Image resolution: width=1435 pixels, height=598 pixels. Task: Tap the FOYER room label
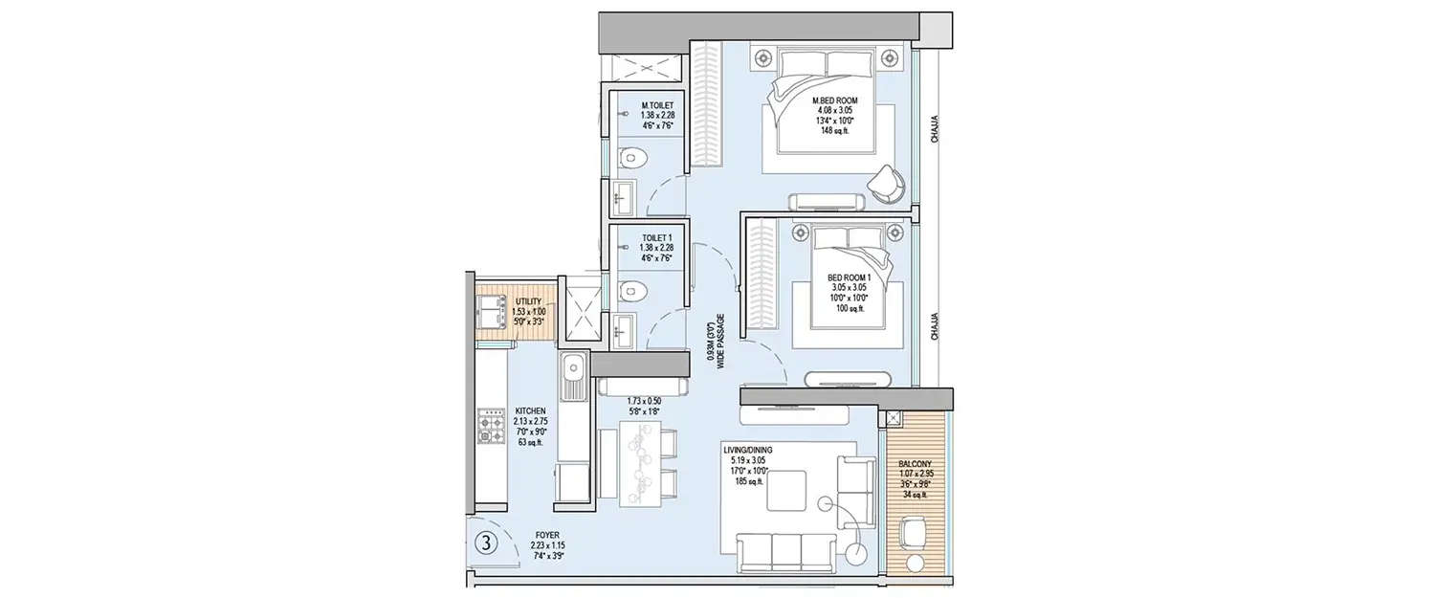coord(547,544)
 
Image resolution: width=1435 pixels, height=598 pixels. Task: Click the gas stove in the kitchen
coord(492,426)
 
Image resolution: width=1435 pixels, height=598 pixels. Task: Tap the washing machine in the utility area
coord(492,311)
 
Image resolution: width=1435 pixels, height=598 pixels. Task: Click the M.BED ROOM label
coord(835,115)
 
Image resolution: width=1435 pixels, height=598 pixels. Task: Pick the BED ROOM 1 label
coord(846,294)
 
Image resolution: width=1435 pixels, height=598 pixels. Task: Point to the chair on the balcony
coord(916,531)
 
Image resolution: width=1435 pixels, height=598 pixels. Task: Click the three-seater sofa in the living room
coord(786,553)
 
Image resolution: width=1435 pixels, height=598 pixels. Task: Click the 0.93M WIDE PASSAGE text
coord(717,342)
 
